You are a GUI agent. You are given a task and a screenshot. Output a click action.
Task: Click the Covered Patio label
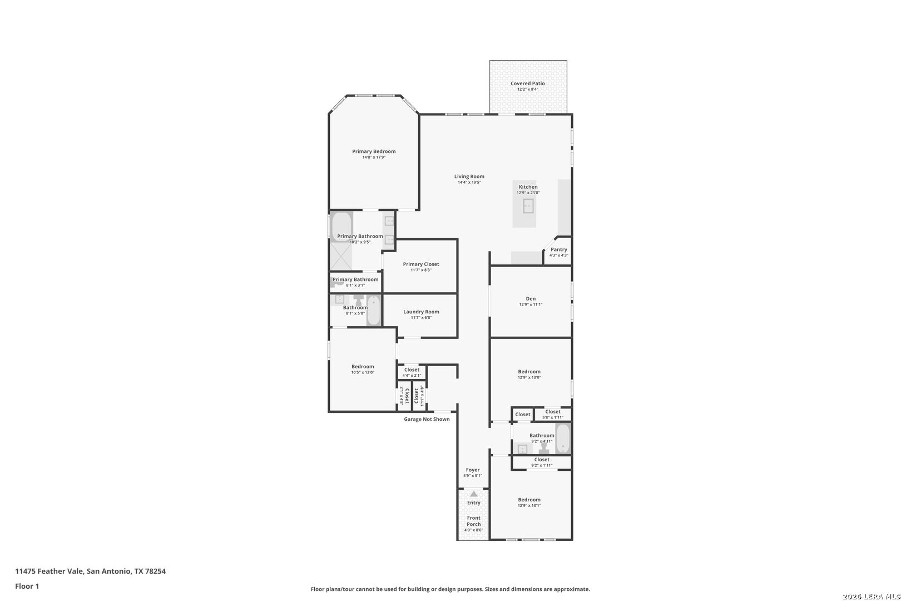(x=527, y=83)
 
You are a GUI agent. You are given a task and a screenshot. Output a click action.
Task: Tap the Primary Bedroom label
(x=374, y=151)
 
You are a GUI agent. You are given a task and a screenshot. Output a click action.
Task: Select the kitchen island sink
(x=528, y=206)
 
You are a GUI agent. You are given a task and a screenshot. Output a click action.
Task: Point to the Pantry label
(x=559, y=249)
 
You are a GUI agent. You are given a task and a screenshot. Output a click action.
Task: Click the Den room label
(x=531, y=299)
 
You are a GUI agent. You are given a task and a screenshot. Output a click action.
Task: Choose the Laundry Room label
(x=421, y=312)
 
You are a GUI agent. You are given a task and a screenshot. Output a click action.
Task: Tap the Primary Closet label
(x=421, y=264)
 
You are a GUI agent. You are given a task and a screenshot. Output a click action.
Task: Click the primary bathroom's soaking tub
(x=342, y=226)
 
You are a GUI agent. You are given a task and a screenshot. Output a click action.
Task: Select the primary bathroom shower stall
(x=341, y=257)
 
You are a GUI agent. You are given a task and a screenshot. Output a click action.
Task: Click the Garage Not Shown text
(x=427, y=419)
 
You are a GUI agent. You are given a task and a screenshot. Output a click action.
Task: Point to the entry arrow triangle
(x=474, y=494)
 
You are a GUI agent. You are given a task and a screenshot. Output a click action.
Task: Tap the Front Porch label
(x=473, y=521)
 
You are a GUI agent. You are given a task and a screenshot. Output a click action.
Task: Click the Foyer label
(x=473, y=470)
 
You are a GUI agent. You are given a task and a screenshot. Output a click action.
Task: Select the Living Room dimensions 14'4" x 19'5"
(x=469, y=183)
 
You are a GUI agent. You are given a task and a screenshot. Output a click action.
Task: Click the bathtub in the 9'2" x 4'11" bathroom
(x=563, y=439)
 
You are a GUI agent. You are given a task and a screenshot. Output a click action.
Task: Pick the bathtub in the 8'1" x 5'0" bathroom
(x=374, y=311)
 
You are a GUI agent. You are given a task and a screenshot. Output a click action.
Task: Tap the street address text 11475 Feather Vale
(x=49, y=571)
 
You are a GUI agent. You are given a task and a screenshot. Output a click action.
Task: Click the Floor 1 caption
(x=27, y=586)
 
